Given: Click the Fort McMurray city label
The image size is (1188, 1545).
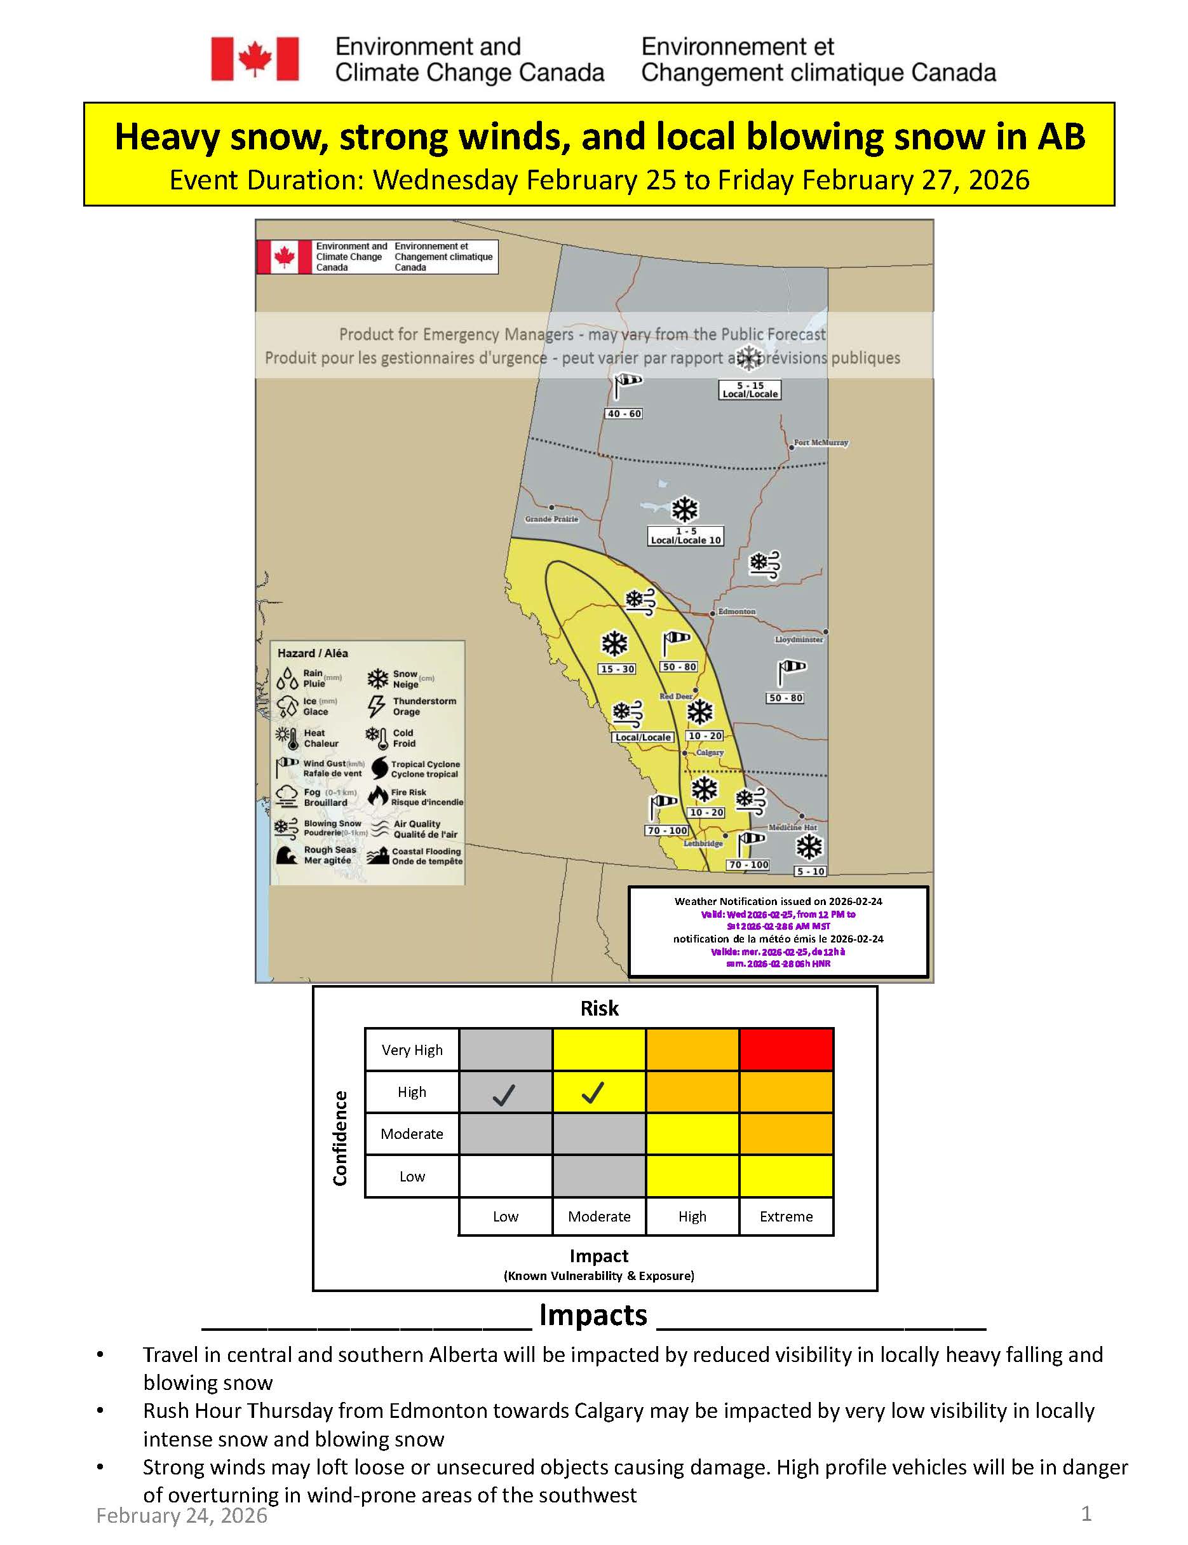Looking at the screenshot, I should point(820,442).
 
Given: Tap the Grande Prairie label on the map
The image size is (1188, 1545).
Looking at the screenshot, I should point(551,519).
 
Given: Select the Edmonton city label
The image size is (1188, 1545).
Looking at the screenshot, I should point(736,611).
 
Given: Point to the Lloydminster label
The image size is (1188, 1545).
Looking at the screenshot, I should point(799,639).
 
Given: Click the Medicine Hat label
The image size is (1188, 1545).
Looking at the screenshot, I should point(792,827).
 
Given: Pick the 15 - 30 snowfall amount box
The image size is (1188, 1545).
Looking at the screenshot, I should point(617,669).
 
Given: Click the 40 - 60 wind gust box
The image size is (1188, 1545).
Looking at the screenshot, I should point(624,413).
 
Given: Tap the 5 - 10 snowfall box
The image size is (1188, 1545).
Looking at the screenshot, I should point(811,871).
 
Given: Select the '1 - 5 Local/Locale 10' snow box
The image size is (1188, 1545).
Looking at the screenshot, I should point(685,536).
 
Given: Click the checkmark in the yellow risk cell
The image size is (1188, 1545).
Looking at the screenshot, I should point(593,1093).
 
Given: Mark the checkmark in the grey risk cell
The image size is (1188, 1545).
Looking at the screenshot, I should point(504,1094).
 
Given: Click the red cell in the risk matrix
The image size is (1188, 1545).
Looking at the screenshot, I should point(786,1049).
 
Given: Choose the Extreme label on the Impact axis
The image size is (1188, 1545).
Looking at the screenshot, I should point(786,1216).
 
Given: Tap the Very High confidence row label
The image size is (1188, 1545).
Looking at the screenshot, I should point(412,1050).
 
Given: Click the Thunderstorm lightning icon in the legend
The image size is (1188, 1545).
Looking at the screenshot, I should point(376,705).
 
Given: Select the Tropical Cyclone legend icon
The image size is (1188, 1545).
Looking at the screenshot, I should point(379,768).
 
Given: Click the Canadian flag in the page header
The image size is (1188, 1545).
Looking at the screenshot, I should point(255,58).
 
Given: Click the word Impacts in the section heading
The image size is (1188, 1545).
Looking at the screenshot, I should point(593,1314).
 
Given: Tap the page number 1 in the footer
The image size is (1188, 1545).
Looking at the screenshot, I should point(1086,1513).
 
